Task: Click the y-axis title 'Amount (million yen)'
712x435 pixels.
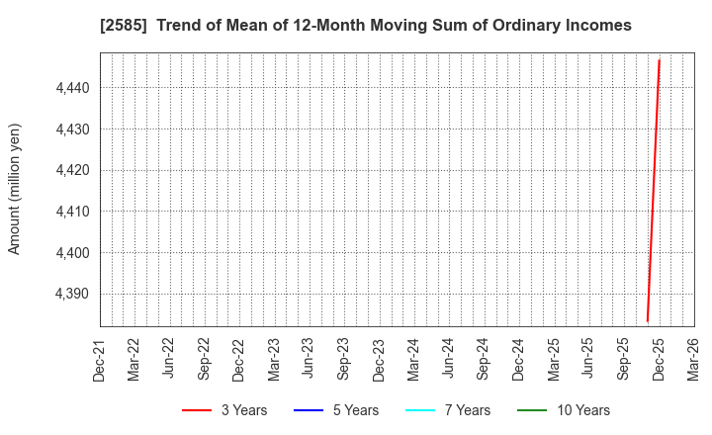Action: pyautogui.click(x=15, y=189)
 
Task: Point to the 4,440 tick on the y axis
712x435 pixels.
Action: pyautogui.click(x=71, y=88)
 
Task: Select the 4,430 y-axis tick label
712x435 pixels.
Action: pyautogui.click(x=71, y=130)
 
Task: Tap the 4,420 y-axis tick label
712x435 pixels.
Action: pyautogui.click(x=71, y=170)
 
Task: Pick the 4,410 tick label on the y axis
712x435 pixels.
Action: pyautogui.click(x=71, y=212)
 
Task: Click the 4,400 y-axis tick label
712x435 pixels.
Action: pyautogui.click(x=71, y=253)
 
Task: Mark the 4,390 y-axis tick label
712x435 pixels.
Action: pyautogui.click(x=71, y=294)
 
